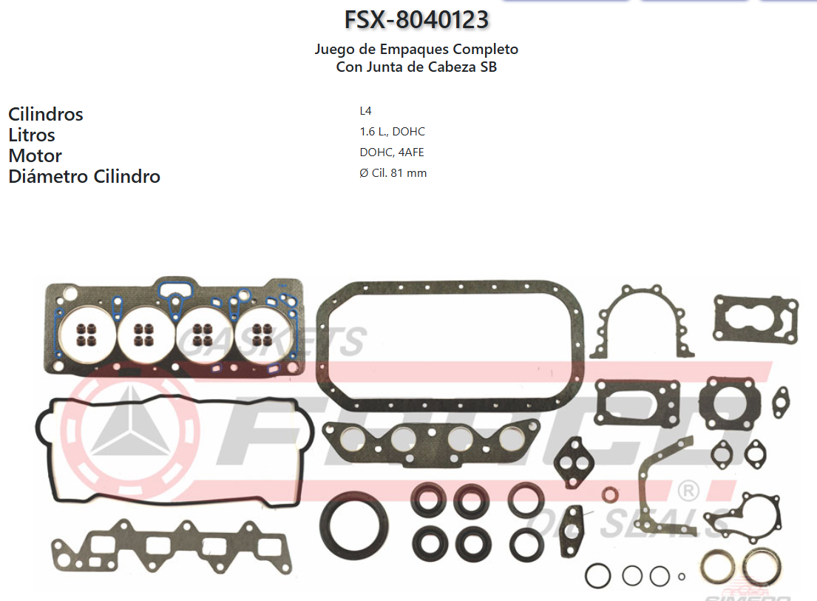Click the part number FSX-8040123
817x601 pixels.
pyautogui.click(x=416, y=19)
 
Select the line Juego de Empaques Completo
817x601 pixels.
pyautogui.click(x=416, y=50)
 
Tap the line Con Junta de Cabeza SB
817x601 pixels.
pyautogui.click(x=416, y=67)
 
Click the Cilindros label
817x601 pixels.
pyautogui.click(x=46, y=114)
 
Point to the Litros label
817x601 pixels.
pyautogui.click(x=32, y=135)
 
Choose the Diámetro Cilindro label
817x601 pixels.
pyautogui.click(x=84, y=176)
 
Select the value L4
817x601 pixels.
pyautogui.click(x=365, y=111)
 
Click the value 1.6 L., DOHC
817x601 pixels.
pyautogui.click(x=392, y=132)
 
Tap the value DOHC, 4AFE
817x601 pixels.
pyautogui.click(x=392, y=152)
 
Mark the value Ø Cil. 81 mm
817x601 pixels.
pyautogui.click(x=393, y=173)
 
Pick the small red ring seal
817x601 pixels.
pyautogui.click(x=611, y=494)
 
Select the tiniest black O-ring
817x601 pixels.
pyautogui.click(x=681, y=577)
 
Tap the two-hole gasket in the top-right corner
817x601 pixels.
pyautogui.click(x=755, y=319)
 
